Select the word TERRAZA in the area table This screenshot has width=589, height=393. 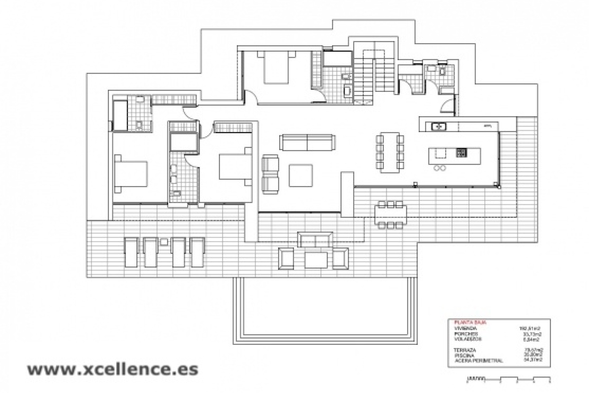coord(465,350)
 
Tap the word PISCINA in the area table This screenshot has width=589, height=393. coord(465,355)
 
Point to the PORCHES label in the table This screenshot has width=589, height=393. coord(466,334)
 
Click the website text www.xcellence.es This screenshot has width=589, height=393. coord(113,369)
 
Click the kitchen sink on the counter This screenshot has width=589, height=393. coord(439,126)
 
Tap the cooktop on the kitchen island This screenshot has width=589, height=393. coord(461,153)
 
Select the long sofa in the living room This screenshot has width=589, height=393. coord(307,142)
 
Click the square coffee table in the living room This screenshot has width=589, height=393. coord(301,175)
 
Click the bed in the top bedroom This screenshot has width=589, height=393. coord(276,69)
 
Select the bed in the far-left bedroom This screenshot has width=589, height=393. coord(131,173)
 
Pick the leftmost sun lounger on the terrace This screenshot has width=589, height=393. coord(132,252)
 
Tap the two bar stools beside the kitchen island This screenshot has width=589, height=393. coord(439,168)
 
